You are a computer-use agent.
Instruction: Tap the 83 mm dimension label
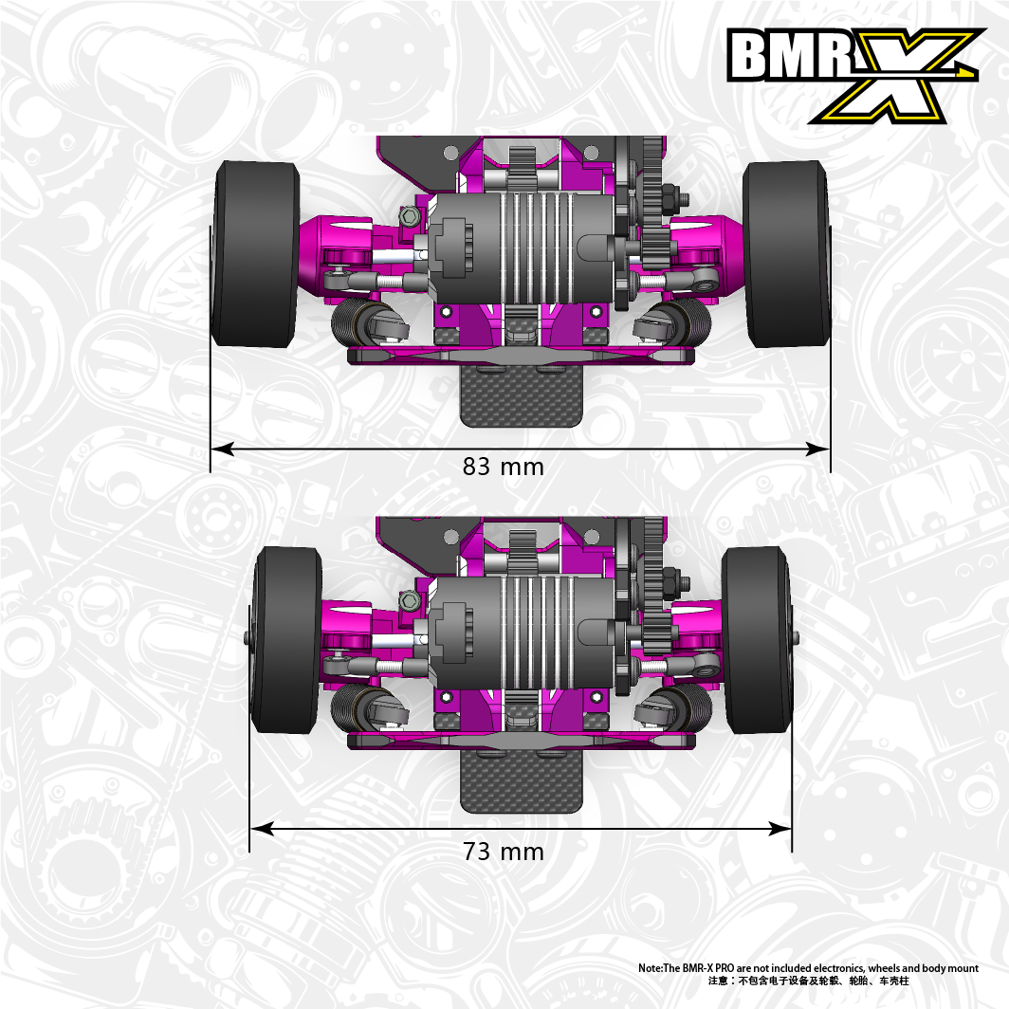tap(504, 467)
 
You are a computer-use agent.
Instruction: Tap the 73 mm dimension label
tap(504, 852)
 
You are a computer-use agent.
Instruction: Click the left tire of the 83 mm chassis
tap(255, 253)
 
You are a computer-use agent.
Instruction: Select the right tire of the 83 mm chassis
tap(786, 253)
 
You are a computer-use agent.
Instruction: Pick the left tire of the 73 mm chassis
tap(285, 639)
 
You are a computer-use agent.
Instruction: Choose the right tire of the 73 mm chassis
tap(756, 639)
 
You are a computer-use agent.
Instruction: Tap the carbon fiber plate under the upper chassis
tap(522, 395)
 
